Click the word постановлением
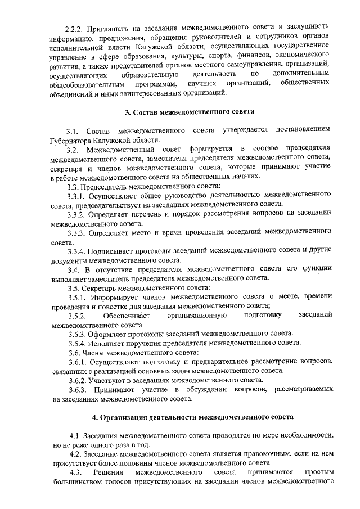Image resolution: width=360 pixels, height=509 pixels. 300,130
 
